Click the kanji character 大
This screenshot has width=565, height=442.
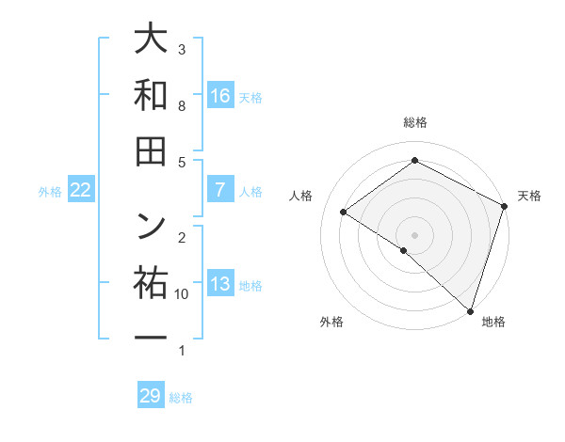tap(151, 40)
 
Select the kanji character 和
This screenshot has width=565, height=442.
tap(151, 96)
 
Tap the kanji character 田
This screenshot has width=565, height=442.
tap(151, 150)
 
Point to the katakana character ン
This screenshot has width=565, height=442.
tap(151, 225)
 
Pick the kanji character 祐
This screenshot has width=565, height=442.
tap(151, 280)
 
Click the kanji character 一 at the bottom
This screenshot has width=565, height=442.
tap(151, 336)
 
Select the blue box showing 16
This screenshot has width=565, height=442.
tap(220, 96)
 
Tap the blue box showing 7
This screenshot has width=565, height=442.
tap(220, 190)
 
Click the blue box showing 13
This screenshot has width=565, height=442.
tap(220, 284)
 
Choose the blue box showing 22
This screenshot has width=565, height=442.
tap(81, 190)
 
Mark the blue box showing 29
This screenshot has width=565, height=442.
tap(151, 396)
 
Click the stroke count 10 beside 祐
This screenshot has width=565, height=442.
tap(182, 294)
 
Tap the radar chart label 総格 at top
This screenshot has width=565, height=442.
tap(414, 123)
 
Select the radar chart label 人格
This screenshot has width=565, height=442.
tap(301, 195)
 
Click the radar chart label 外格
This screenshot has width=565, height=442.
tap(331, 323)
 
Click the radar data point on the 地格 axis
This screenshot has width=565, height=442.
tap(470, 309)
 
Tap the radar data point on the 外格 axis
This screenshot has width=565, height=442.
tap(404, 250)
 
